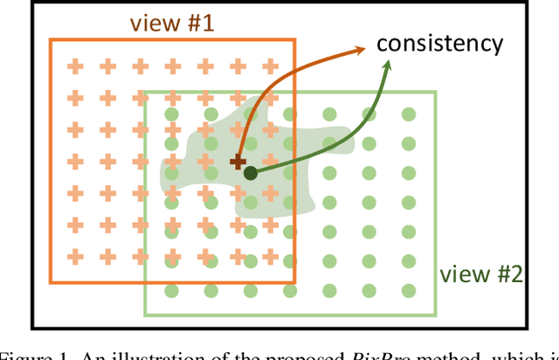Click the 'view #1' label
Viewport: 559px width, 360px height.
173,23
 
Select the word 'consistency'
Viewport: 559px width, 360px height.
439,42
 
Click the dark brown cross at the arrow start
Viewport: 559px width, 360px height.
237,162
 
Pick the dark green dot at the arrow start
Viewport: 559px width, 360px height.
251,173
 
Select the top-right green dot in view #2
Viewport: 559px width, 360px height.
408,114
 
